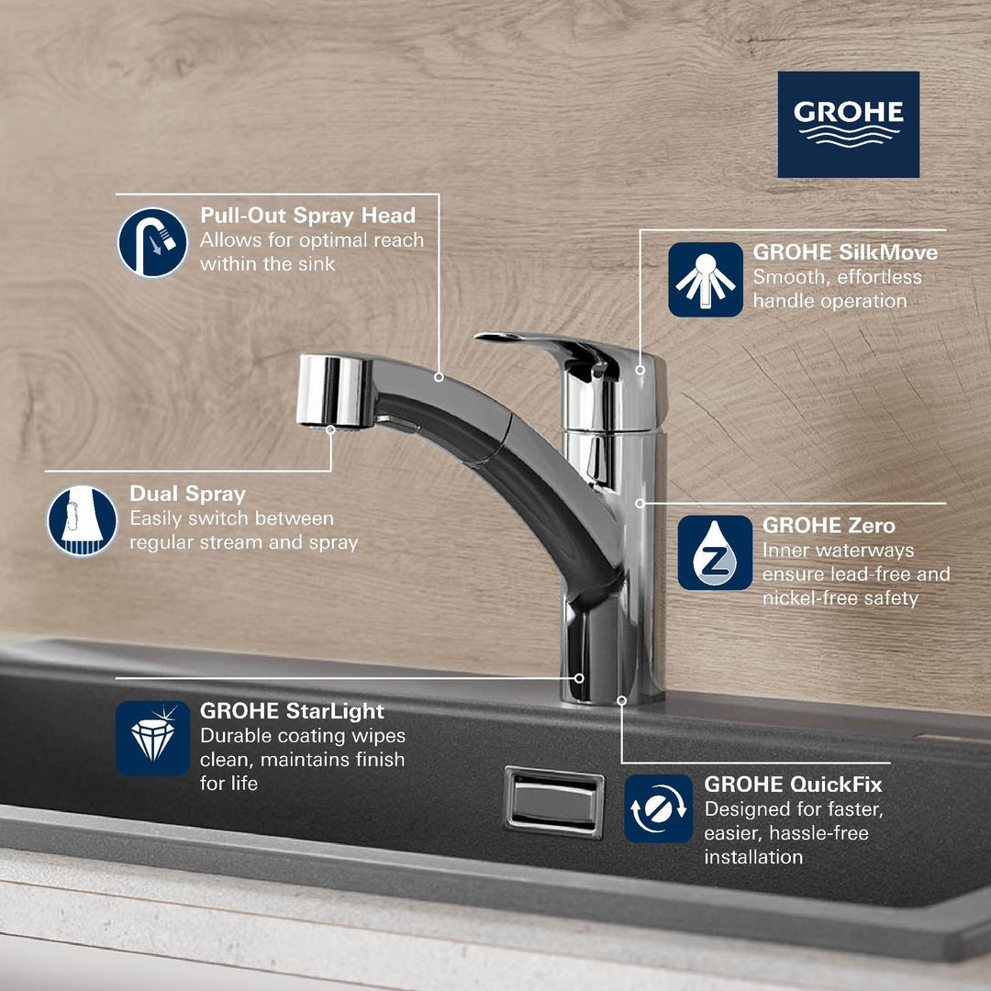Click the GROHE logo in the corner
point(848,124)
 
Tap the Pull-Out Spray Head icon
point(152,242)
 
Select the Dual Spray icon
point(83,520)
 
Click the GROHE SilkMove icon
point(705,279)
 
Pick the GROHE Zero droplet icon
point(715,552)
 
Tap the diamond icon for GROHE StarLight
point(152,738)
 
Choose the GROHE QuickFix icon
point(658,808)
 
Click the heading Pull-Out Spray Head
point(307,216)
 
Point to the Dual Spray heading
point(187,494)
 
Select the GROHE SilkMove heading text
point(845,252)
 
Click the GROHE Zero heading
point(829,526)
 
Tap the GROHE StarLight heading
point(292,711)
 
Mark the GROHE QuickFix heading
point(793,785)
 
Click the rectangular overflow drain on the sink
point(554,802)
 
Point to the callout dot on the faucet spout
point(439,376)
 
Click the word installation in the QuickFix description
point(753,857)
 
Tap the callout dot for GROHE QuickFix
point(621,700)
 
